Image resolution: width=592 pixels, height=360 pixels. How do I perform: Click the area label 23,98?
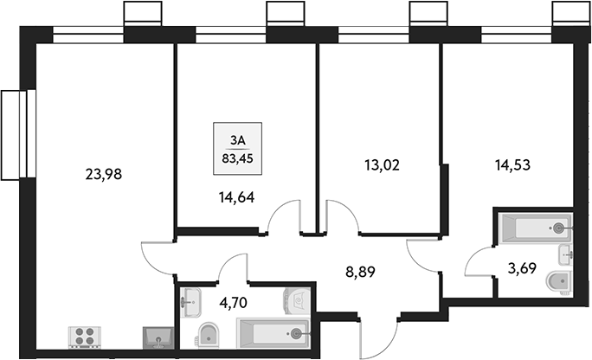(x=105, y=173)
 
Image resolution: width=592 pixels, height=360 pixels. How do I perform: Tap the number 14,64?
(x=237, y=196)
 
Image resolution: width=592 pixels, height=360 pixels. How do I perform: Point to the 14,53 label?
(x=512, y=162)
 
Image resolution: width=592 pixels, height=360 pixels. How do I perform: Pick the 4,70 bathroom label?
(x=236, y=303)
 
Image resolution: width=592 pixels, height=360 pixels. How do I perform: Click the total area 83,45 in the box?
(x=238, y=157)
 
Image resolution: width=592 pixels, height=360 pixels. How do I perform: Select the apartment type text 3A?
(x=238, y=140)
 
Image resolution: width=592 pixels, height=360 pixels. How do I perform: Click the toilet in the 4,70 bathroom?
(x=208, y=335)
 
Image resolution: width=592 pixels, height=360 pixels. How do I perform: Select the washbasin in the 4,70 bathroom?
(x=190, y=301)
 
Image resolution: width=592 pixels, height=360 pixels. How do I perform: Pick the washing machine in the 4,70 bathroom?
(x=297, y=299)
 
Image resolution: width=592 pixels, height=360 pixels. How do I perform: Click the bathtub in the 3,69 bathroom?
(x=535, y=228)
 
